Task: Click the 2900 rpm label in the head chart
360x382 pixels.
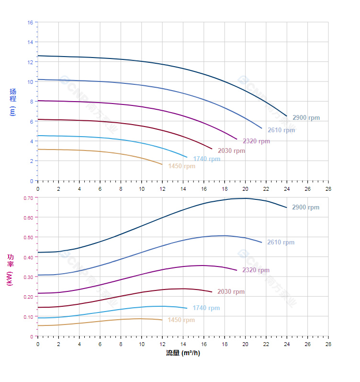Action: [306, 118]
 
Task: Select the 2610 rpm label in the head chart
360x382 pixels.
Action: [281, 130]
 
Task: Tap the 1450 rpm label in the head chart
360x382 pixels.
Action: [181, 166]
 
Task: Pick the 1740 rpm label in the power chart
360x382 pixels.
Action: [206, 308]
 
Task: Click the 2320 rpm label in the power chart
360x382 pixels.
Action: [256, 270]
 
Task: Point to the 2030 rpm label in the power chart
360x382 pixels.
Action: [231, 292]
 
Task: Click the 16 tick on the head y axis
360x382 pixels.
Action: [30, 23]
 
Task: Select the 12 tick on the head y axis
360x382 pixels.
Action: [30, 62]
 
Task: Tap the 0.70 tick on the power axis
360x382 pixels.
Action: [28, 197]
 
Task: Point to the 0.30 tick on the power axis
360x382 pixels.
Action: [28, 277]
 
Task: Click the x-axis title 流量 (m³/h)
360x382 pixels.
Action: [183, 353]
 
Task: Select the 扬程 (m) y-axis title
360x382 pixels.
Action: [13, 102]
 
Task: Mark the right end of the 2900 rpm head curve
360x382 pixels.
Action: [287, 116]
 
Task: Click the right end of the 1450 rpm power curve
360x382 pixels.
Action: [162, 320]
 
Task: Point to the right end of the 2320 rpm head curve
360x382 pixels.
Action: [237, 139]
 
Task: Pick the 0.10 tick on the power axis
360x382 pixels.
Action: [28, 317]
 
